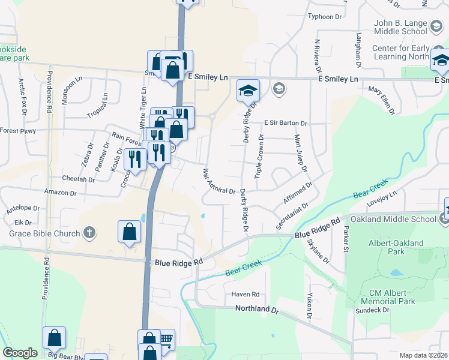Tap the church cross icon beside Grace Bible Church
pyautogui.click(x=89, y=233)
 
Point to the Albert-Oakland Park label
pyautogui.click(x=396, y=248)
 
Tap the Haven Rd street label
pyautogui.click(x=245, y=295)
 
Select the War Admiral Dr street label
pyautogui.click(x=218, y=182)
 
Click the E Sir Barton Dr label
pyautogui.click(x=286, y=123)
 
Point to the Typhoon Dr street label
pyautogui.click(x=328, y=16)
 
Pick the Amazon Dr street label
pyautogui.click(x=60, y=193)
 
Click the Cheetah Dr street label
pyautogui.click(x=79, y=179)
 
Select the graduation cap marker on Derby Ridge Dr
pyautogui.click(x=247, y=90)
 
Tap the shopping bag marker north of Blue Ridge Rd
pyautogui.click(x=130, y=231)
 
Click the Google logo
pyautogui.click(x=20, y=353)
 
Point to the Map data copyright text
pyautogui.click(x=423, y=355)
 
